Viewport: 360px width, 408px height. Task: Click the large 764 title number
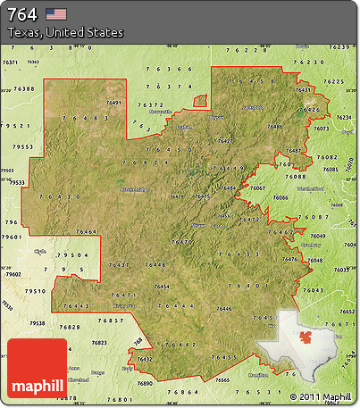click(x=21, y=14)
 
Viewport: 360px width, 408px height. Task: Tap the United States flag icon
click(x=55, y=14)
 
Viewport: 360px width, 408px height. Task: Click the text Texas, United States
click(x=65, y=32)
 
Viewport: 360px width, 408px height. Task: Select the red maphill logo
click(x=37, y=368)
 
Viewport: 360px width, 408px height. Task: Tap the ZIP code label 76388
click(x=25, y=89)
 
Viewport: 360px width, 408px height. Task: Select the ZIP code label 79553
click(x=23, y=146)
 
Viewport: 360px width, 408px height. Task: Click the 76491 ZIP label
click(x=113, y=104)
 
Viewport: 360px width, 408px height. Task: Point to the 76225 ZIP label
click(x=333, y=81)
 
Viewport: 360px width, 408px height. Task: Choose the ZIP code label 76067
click(x=257, y=188)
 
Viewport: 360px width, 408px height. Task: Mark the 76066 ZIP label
click(x=281, y=197)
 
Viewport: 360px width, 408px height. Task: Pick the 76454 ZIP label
click(x=162, y=287)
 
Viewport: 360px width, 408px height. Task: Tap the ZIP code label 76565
click(x=222, y=379)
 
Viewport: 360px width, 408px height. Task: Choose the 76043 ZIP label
click(x=313, y=290)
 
